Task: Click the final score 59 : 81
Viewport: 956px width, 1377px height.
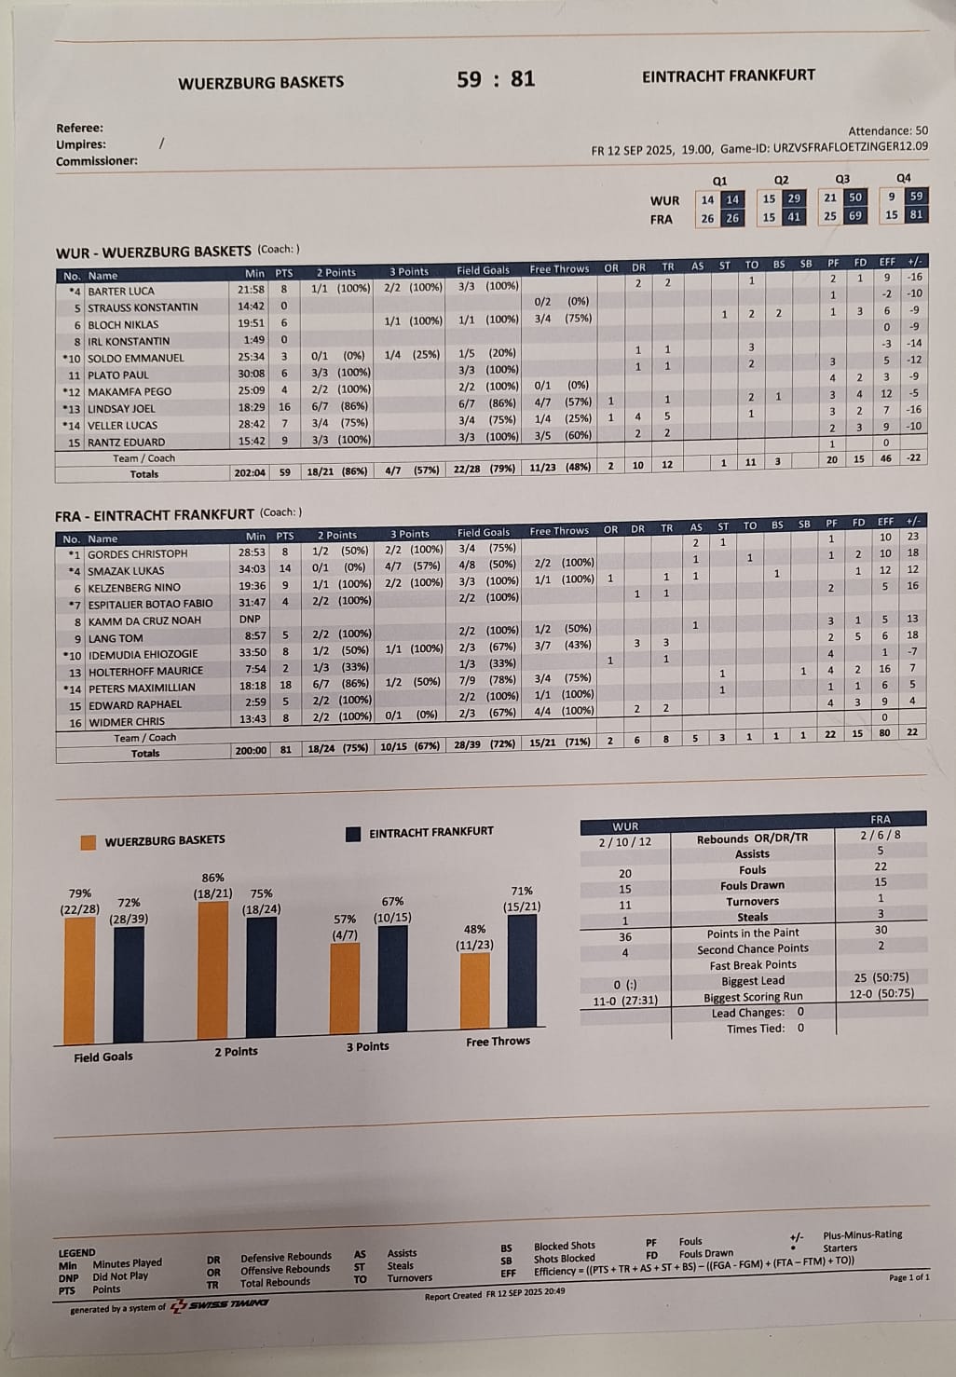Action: pyautogui.click(x=496, y=79)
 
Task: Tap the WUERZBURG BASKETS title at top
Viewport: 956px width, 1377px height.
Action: pyautogui.click(x=261, y=82)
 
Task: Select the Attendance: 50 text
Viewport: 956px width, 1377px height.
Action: pyautogui.click(x=887, y=131)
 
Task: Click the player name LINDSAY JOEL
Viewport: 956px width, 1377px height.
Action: pyautogui.click(x=121, y=408)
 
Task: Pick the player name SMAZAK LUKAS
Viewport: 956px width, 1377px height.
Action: pyautogui.click(x=126, y=570)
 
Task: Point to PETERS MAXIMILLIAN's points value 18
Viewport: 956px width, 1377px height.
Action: pyautogui.click(x=285, y=687)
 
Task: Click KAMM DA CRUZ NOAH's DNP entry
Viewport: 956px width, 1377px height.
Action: pyautogui.click(x=250, y=619)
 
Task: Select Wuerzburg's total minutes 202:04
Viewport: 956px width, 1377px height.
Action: pyautogui.click(x=250, y=472)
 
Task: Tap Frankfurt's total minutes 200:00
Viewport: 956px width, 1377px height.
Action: pyautogui.click(x=250, y=750)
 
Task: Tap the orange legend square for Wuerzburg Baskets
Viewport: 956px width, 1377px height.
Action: pyautogui.click(x=89, y=842)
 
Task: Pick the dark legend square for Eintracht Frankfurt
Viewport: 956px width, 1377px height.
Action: pyautogui.click(x=353, y=834)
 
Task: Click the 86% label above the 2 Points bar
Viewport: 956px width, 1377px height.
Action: pyautogui.click(x=212, y=878)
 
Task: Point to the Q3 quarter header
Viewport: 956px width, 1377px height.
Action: pyautogui.click(x=842, y=179)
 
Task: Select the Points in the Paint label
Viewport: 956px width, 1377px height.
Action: pyautogui.click(x=753, y=933)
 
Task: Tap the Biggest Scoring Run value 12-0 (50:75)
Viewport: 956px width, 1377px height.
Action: pyautogui.click(x=881, y=993)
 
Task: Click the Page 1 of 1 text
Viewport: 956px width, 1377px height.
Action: pyautogui.click(x=908, y=1277)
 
